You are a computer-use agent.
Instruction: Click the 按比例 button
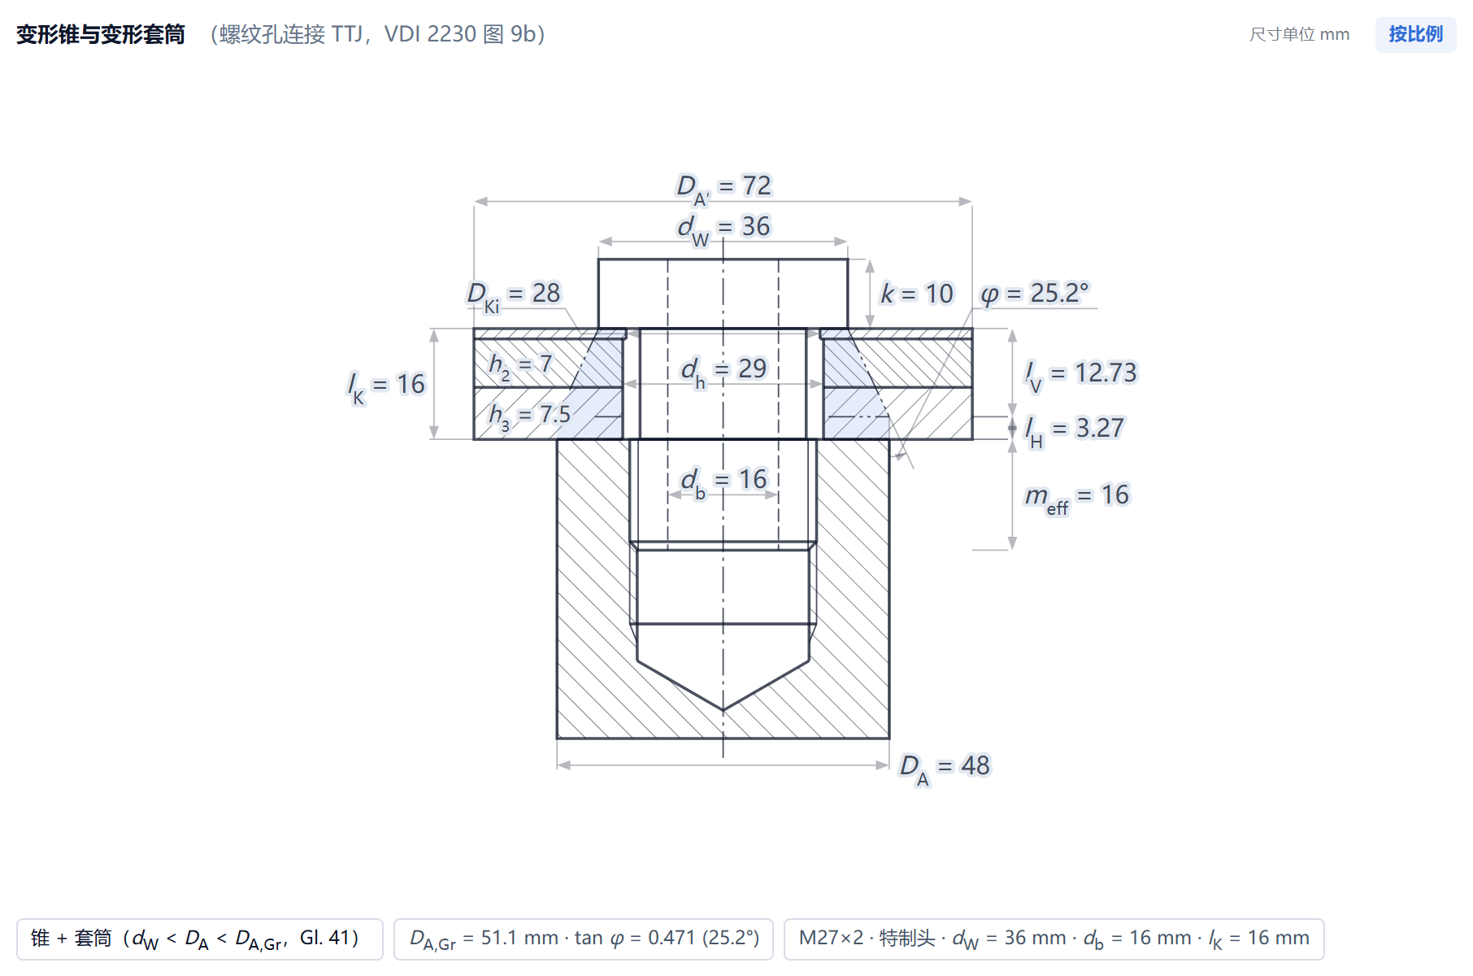(1415, 34)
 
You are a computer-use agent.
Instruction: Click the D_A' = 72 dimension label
(723, 188)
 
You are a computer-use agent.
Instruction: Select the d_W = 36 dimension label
(723, 229)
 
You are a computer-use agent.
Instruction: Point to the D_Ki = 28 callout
(514, 294)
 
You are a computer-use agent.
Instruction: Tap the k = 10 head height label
(917, 294)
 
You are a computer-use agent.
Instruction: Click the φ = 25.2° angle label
(1034, 293)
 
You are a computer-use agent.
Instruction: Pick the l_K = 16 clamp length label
(386, 386)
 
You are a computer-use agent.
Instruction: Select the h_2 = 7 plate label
(520, 365)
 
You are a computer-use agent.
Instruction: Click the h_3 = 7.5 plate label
(529, 416)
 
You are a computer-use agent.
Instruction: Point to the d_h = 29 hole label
(723, 370)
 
